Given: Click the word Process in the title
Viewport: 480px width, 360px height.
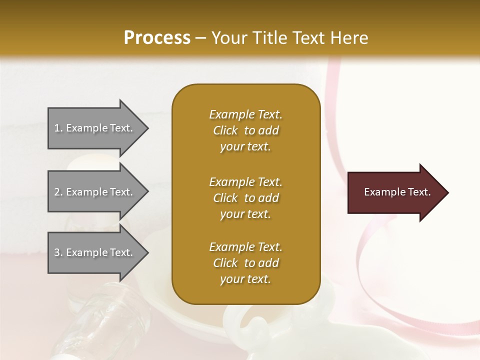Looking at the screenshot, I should point(157,37).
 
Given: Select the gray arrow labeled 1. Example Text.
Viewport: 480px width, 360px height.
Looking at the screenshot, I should point(95,128).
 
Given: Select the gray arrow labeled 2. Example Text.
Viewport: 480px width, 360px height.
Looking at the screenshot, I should point(95,192).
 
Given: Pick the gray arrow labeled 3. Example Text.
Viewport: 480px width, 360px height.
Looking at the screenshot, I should point(95,252).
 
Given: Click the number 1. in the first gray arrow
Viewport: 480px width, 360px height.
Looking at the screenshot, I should point(58,128).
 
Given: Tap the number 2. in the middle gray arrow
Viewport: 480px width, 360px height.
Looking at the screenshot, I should point(58,192).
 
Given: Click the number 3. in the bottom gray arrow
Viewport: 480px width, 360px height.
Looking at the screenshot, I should point(58,252).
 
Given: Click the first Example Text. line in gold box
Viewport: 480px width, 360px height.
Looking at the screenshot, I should point(245,114).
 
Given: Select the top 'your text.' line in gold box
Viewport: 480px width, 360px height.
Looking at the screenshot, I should point(245,146).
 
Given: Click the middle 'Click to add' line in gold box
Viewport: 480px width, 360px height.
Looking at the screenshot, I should point(245,198).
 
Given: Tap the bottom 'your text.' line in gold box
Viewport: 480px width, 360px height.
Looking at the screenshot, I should point(245,279).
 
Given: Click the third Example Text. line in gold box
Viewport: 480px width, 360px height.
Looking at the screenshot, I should point(245,247).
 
